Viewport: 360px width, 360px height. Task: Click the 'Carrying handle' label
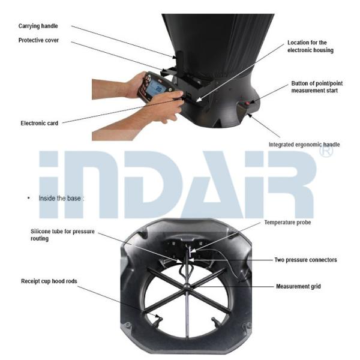click(38, 26)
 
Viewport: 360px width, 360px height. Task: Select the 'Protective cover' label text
click(38, 40)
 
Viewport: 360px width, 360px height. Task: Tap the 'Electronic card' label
click(39, 123)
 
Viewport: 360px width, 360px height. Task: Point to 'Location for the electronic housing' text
click(310, 46)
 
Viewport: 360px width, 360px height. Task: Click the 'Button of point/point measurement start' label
click(317, 87)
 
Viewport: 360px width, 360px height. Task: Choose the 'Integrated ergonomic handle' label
click(304, 145)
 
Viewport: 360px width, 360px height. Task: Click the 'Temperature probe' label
click(287, 223)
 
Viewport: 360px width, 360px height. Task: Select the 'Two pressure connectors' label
click(306, 260)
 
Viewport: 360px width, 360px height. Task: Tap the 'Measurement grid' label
click(298, 287)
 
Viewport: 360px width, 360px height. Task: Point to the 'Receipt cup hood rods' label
click(49, 281)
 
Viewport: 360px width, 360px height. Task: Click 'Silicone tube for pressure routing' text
click(62, 235)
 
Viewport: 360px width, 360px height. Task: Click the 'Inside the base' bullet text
click(59, 199)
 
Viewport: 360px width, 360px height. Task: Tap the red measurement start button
click(248, 103)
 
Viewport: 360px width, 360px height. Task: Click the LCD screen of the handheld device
click(155, 89)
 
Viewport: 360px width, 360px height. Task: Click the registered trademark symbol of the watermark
click(326, 151)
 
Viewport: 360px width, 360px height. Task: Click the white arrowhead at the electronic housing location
click(199, 99)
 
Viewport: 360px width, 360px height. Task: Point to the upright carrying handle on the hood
click(179, 59)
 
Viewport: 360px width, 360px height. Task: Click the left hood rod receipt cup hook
click(159, 320)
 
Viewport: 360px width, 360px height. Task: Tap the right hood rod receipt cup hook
click(215, 322)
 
